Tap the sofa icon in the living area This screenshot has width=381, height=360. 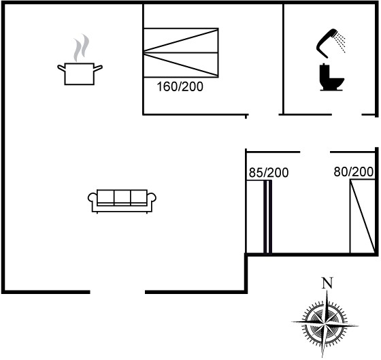point(122,201)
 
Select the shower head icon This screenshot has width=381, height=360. point(331,44)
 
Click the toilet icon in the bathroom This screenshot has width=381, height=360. point(331,78)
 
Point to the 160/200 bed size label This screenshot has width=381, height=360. point(180,87)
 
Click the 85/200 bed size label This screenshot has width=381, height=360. point(269,173)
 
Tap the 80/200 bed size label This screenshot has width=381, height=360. point(353,171)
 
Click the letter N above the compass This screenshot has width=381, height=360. point(327,282)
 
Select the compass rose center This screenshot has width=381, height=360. point(325,323)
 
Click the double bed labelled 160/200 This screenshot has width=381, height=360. point(181,53)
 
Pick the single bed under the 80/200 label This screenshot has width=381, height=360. point(362,216)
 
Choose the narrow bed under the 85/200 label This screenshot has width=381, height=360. point(259,217)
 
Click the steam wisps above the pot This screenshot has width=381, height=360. point(82,48)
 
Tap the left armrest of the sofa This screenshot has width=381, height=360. point(93,197)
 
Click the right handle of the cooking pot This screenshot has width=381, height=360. point(98,68)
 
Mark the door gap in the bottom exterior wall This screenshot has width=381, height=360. point(118,292)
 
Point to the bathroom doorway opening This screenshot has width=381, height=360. point(347,114)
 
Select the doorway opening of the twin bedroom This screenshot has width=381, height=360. point(315,152)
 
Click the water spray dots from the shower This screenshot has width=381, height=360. point(340,44)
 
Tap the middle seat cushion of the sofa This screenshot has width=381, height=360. point(122,197)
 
